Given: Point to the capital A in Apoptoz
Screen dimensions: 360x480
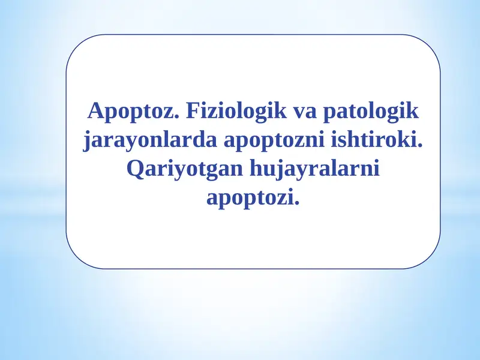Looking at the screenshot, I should coord(95,111).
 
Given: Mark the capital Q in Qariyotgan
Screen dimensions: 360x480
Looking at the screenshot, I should coord(136,169).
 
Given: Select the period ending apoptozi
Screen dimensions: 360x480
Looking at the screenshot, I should coord(296,203).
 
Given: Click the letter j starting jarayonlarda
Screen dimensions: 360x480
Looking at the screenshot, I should coord(86,142).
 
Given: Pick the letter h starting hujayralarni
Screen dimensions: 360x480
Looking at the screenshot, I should coord(256,169).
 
